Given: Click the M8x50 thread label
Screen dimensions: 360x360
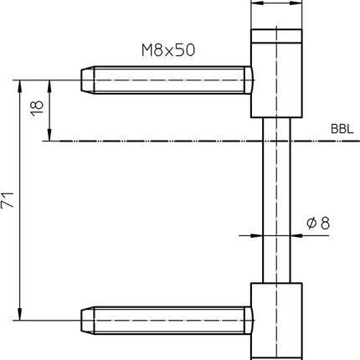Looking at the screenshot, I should (x=167, y=50).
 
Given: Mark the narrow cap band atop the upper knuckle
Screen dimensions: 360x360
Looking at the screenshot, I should (x=275, y=35).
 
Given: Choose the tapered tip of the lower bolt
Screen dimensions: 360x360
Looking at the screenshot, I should (x=87, y=320).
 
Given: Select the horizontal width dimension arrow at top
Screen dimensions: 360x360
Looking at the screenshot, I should (x=275, y=4).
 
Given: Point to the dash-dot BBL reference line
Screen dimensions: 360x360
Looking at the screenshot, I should (x=167, y=142).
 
